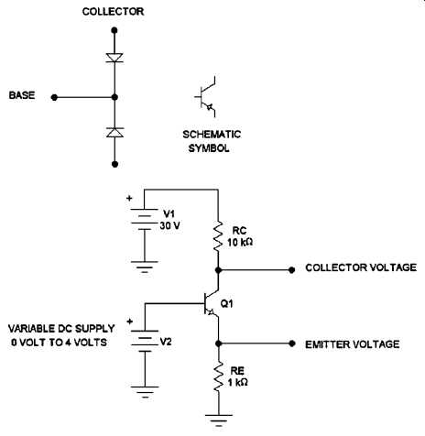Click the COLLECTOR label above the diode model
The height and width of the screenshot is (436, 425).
coord(113,12)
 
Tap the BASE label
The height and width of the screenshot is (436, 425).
coord(22,95)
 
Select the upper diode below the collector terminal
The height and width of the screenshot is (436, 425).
coord(114,58)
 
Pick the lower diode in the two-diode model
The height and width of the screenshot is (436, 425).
coord(114,132)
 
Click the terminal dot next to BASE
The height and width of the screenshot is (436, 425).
coord(54,97)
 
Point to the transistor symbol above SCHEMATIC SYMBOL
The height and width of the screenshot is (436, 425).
coord(206,97)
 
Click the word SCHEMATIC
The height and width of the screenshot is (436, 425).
coord(212,134)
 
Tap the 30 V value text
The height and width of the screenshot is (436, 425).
coord(169,225)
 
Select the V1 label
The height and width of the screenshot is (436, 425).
coord(169,213)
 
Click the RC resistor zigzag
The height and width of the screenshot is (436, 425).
coord(218,236)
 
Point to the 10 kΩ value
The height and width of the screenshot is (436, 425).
coord(240,242)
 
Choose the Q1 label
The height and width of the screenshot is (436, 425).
coord(226,303)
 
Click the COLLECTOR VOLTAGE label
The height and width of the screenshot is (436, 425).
coord(361,267)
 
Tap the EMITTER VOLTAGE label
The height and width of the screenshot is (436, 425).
coord(353,344)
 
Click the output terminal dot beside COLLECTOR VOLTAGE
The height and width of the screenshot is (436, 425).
coord(292,270)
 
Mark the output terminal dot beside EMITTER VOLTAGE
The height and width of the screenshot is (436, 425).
coord(292,343)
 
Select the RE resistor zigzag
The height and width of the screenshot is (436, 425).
coord(218,377)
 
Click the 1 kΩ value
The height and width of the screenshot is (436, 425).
coord(238,382)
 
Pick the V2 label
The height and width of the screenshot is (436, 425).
coord(166,342)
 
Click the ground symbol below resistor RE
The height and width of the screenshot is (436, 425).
coord(219,420)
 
